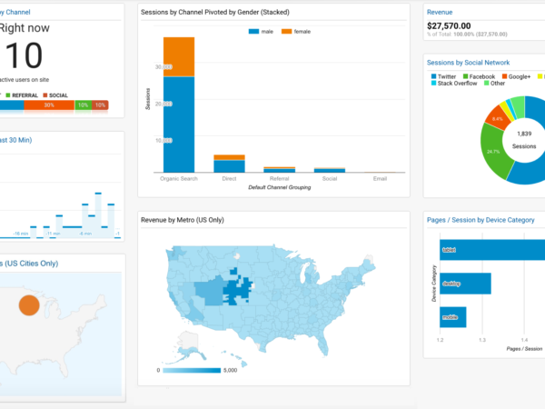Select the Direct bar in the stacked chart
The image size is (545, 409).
229,164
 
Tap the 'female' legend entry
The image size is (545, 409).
298,31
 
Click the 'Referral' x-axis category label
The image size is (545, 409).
279,178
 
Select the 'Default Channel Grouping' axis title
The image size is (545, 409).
279,187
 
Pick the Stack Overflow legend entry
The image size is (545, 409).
456,84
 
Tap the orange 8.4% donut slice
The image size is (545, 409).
497,118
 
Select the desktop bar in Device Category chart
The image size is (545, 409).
466,284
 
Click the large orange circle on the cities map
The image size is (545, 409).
29,304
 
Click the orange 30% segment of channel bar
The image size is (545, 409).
49,105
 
